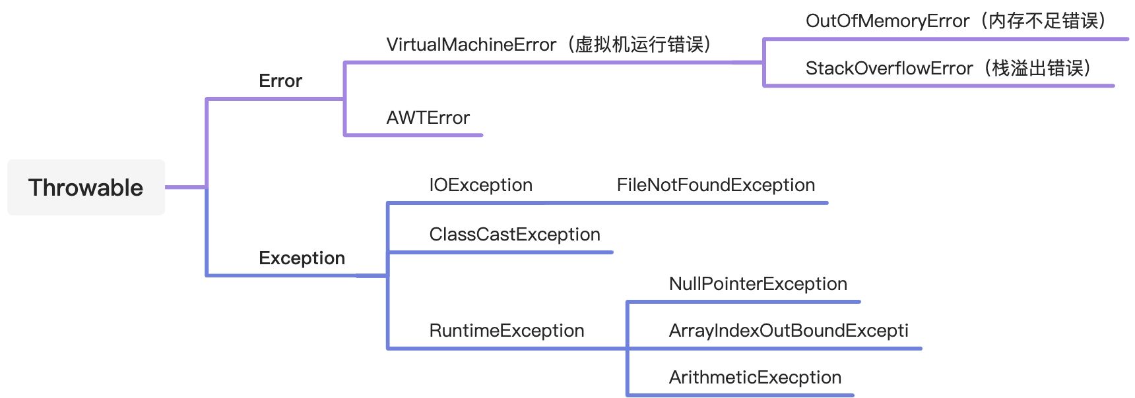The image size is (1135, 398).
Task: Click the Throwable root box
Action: pos(86,187)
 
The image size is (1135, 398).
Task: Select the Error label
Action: pos(280,81)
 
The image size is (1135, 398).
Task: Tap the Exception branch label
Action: pos(302,258)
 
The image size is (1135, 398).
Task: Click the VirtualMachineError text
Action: pos(471,44)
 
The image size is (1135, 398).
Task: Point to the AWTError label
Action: pos(428,118)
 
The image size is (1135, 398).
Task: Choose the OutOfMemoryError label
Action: pos(888,21)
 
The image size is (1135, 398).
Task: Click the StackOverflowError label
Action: pos(889,69)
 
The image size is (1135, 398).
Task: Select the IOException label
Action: pos(480,185)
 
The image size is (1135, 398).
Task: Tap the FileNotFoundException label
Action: pos(716,185)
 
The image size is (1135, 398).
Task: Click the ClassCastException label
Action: pos(515,235)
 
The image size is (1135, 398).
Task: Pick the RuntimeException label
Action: pos(507,331)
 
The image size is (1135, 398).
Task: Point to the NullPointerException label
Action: pos(758,284)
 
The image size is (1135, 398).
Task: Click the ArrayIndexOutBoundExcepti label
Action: pos(789,331)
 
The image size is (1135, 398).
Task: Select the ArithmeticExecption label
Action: pos(755,378)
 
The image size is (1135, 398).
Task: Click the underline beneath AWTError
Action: pos(414,135)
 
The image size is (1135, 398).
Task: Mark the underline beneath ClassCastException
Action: pos(500,252)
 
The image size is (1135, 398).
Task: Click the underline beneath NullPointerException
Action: pos(744,302)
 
